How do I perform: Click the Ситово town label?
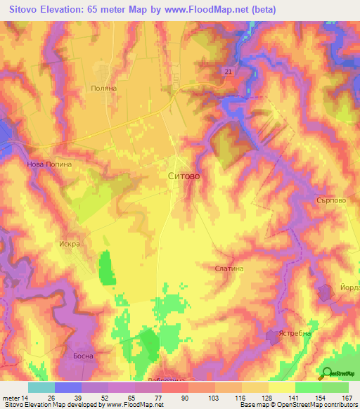(x=184, y=177)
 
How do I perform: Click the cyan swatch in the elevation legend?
(x=41, y=387)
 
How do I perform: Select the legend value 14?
(x=24, y=397)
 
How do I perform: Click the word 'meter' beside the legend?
(x=10, y=397)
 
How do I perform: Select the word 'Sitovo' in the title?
(x=24, y=10)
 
